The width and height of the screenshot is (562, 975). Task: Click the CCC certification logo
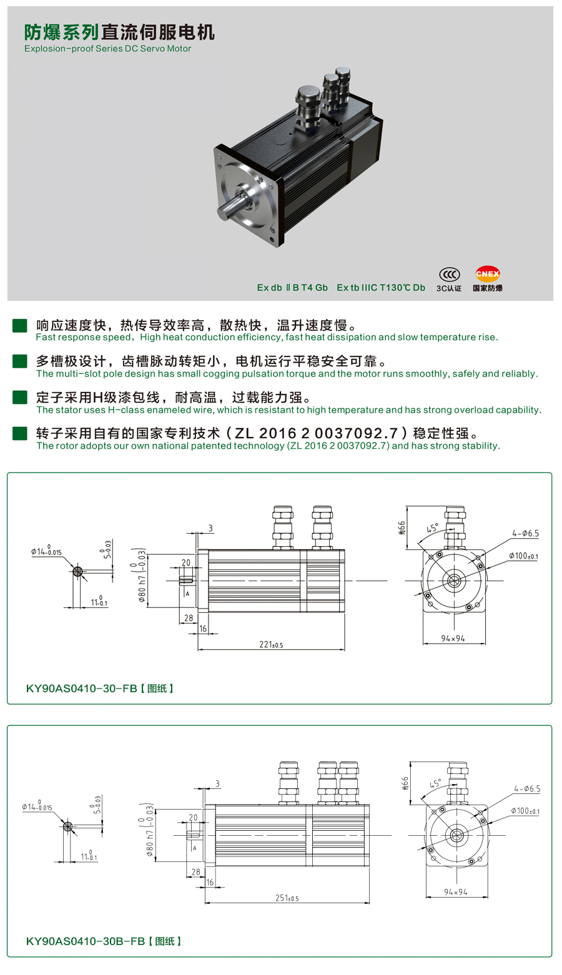[x=449, y=275]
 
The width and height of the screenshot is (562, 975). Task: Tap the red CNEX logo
[x=488, y=274]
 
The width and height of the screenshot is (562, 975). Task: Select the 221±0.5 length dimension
[x=271, y=645]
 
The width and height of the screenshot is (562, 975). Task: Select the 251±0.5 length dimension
[x=287, y=898]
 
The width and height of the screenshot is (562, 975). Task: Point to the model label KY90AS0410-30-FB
[x=81, y=688]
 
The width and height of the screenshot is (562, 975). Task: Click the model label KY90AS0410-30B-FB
[x=86, y=941]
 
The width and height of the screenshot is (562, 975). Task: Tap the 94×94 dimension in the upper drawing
[x=453, y=639]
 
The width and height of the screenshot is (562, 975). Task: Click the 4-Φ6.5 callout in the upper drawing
[x=525, y=534]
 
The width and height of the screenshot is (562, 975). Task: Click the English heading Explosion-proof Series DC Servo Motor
[x=107, y=49]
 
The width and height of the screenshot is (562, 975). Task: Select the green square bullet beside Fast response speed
[x=20, y=325]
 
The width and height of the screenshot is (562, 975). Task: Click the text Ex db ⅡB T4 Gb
[x=292, y=288]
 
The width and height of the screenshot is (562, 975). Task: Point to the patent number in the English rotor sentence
[x=338, y=446]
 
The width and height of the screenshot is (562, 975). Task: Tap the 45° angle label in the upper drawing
[x=432, y=529]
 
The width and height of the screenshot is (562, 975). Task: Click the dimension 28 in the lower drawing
[x=195, y=872]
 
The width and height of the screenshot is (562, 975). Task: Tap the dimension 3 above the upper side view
[x=210, y=528]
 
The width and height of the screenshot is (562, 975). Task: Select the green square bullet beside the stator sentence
[x=20, y=398]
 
